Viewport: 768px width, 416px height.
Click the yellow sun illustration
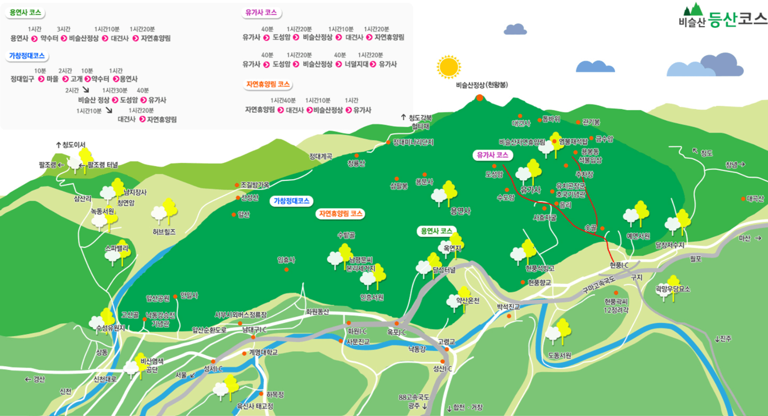click(x=449, y=67)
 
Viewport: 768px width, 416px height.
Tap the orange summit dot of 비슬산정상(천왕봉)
click(x=479, y=98)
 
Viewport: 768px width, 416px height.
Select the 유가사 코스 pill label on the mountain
click(x=493, y=155)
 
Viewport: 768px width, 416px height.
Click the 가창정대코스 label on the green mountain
click(x=291, y=201)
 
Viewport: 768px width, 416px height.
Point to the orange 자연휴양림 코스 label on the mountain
click(x=340, y=213)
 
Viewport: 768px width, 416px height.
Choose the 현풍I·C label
click(x=619, y=265)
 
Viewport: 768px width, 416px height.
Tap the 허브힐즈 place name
click(x=164, y=232)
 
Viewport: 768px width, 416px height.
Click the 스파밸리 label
click(x=116, y=248)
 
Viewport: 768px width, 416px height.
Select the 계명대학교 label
click(x=263, y=352)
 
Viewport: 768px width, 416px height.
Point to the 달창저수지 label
click(x=669, y=245)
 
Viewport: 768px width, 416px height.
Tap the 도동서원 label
click(x=560, y=355)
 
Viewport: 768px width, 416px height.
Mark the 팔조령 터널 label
click(x=103, y=165)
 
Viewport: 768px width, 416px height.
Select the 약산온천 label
click(x=468, y=300)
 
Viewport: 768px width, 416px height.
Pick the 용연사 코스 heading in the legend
click(x=25, y=13)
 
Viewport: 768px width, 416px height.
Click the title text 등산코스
click(x=737, y=20)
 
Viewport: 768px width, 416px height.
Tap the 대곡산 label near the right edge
click(x=755, y=199)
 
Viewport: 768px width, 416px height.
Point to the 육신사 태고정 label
click(x=255, y=406)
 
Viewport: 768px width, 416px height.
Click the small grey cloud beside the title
click(x=515, y=29)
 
